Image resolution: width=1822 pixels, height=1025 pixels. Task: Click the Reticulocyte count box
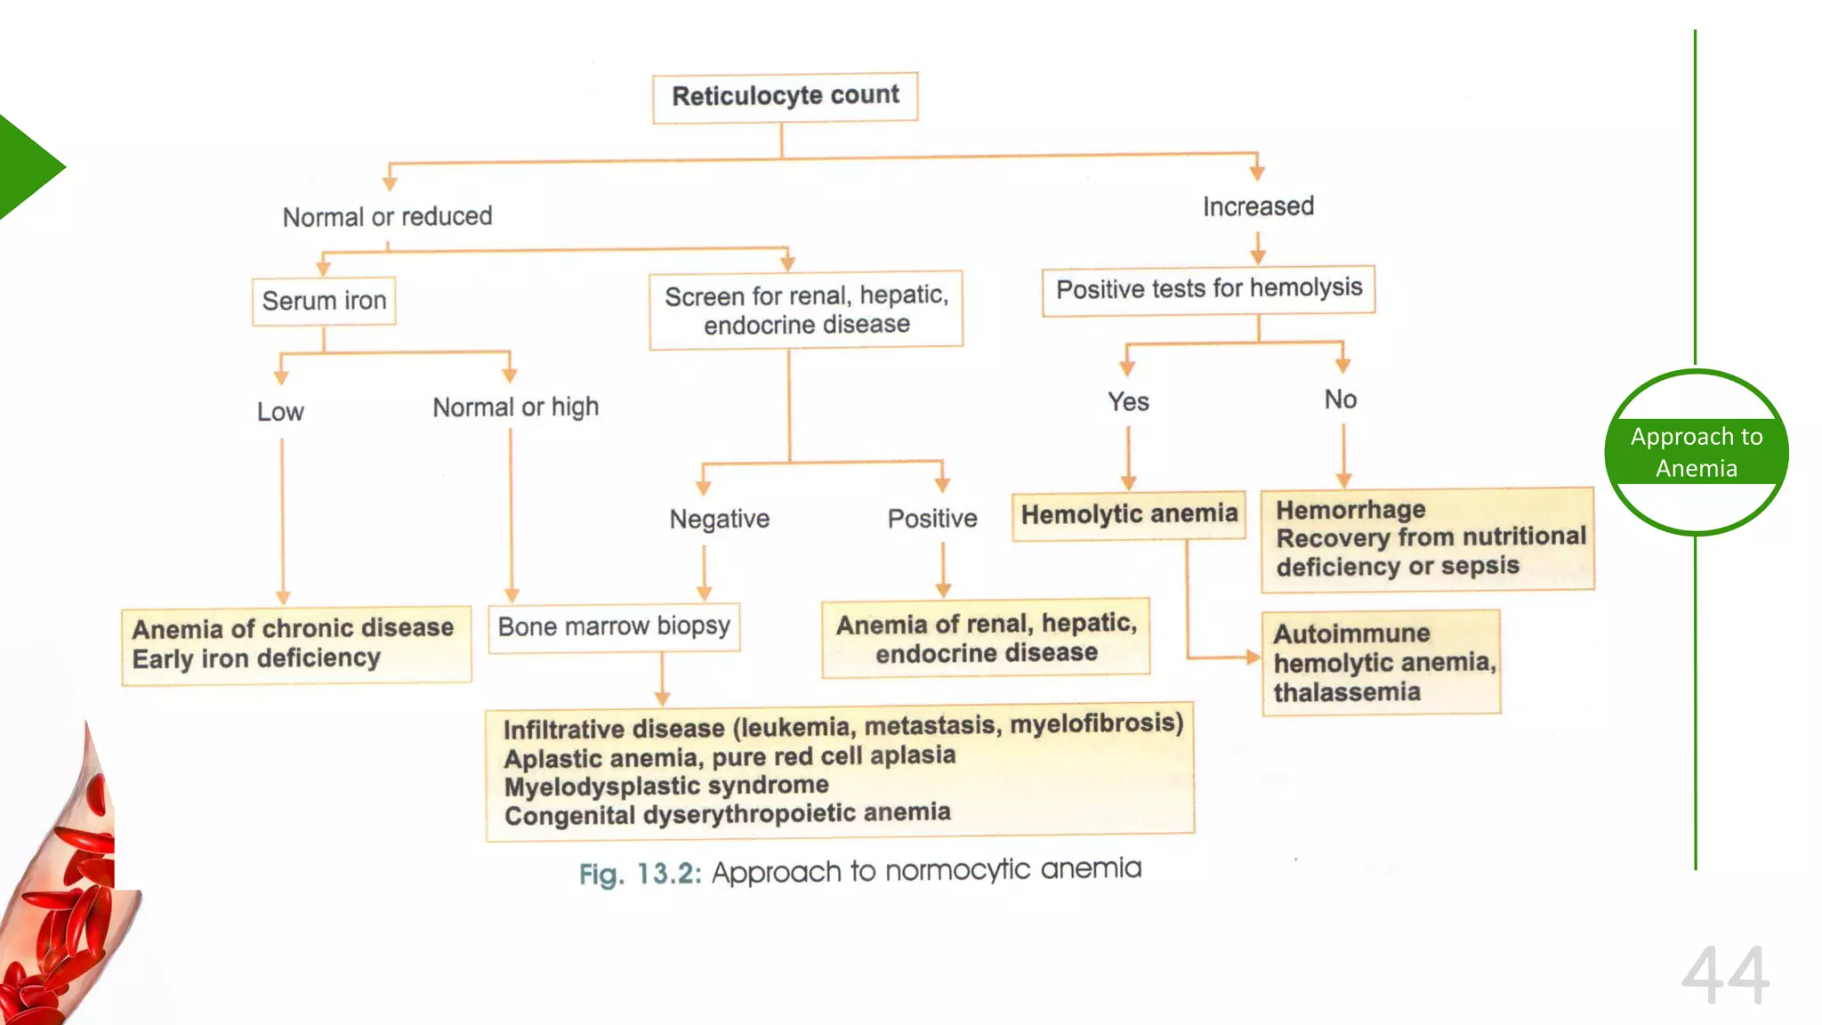point(785,96)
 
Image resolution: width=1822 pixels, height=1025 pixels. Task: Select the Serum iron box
point(324,301)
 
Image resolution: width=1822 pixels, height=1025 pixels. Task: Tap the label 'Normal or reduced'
point(387,216)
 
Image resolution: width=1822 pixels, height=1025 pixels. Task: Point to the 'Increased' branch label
point(1258,206)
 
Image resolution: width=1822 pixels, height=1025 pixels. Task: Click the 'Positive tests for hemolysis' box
point(1208,289)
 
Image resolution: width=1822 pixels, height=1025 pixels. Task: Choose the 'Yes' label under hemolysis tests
point(1128,401)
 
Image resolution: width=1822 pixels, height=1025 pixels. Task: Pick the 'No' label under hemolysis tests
point(1341,400)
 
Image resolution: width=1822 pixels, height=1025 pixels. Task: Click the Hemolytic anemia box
point(1128,514)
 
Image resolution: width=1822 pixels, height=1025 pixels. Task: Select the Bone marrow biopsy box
point(614,626)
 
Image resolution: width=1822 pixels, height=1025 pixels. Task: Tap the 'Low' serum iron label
point(280,411)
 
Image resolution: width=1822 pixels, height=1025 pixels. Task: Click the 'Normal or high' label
point(515,407)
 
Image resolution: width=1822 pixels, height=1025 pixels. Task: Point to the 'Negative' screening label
point(719,519)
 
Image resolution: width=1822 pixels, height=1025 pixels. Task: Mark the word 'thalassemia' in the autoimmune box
point(1346,692)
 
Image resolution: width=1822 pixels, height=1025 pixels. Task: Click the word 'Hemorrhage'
point(1350,510)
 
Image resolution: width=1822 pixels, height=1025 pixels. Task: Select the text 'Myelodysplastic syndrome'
point(665,786)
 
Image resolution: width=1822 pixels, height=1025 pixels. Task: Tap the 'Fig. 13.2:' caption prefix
point(639,874)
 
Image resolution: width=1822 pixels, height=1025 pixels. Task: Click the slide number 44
point(1724,976)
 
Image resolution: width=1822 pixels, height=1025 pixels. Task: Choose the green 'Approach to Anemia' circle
point(1696,452)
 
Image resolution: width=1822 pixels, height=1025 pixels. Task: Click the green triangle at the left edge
point(27,167)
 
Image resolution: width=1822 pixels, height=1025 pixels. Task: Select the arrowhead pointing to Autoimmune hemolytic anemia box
point(1254,658)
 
